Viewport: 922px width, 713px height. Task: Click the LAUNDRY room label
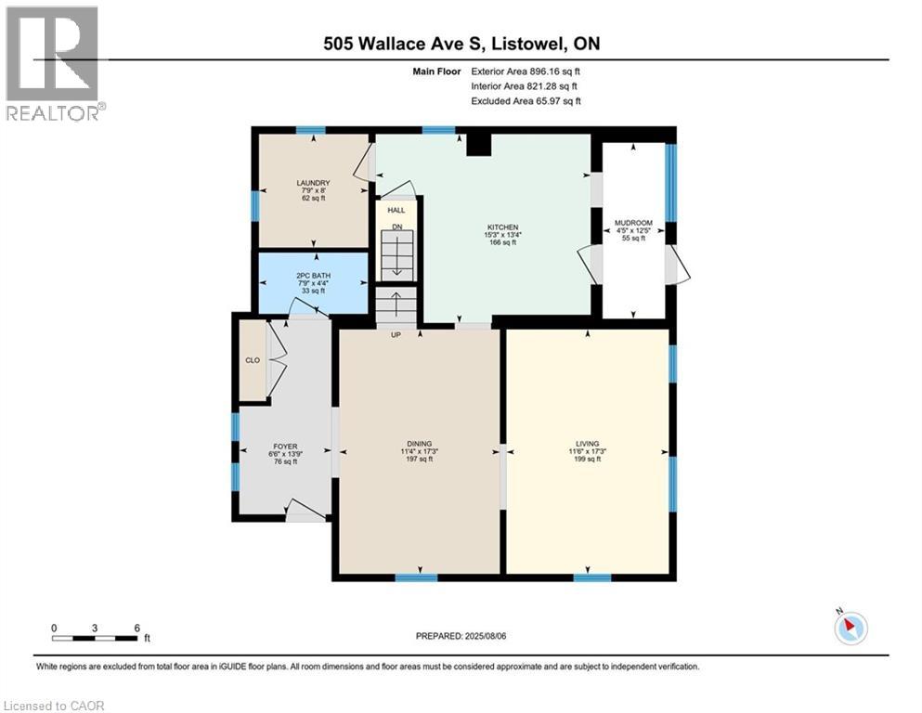click(313, 183)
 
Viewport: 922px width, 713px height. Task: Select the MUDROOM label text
click(634, 223)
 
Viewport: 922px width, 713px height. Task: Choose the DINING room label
click(420, 443)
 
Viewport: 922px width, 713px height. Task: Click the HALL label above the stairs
click(396, 211)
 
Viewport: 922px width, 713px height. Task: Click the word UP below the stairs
click(396, 334)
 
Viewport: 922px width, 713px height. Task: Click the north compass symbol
click(850, 628)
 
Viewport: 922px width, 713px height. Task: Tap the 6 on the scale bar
click(136, 628)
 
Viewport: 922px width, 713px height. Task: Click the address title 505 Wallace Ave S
click(461, 44)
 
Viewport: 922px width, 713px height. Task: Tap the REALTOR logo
click(53, 63)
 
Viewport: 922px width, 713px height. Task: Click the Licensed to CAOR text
click(55, 706)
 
